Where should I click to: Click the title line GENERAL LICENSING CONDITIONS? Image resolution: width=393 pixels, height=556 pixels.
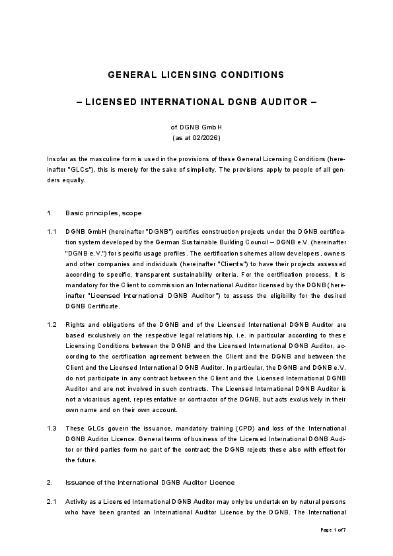coord(196,75)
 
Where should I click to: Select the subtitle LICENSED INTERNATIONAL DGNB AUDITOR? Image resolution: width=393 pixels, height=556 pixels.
coord(196,102)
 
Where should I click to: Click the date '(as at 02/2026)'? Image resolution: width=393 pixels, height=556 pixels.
coord(196,138)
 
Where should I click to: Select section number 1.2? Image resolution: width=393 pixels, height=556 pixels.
coord(52,325)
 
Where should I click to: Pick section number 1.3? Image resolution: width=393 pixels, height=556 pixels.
coord(52,428)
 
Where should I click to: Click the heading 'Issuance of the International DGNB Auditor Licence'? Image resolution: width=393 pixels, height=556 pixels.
coord(150,483)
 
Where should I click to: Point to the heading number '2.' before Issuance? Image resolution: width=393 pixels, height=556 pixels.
coord(50,483)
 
